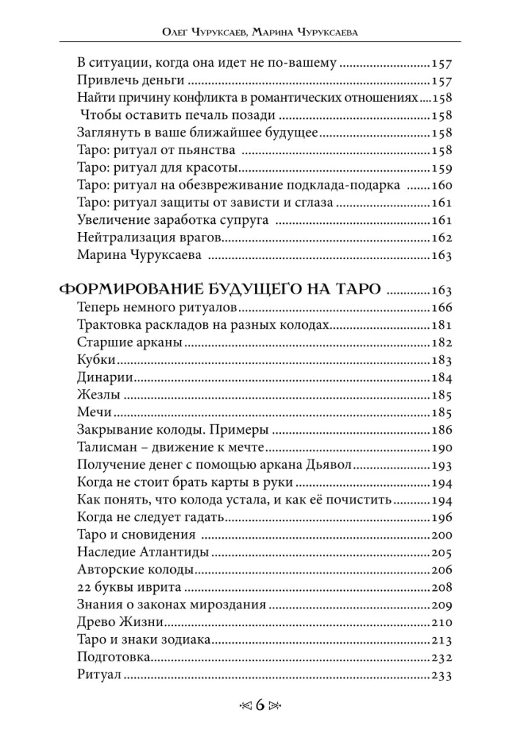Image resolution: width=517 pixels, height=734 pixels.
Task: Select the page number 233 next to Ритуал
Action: point(444,675)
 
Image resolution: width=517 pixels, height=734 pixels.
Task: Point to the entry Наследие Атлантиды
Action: point(142,552)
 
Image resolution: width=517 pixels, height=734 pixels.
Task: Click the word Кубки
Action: point(96,360)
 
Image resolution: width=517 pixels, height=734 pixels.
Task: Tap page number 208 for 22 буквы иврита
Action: point(444,587)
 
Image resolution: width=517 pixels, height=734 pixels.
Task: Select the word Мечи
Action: point(93,413)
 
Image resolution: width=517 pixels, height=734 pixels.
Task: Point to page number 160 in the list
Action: point(444,185)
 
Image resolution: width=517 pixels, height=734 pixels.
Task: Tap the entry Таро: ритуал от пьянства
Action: point(155,150)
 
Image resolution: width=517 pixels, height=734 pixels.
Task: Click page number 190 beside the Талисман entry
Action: point(444,448)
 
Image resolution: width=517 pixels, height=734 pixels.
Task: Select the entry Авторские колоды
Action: point(135,570)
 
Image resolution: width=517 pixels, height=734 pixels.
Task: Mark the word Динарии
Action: point(104,377)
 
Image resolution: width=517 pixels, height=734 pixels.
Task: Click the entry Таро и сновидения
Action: point(136,534)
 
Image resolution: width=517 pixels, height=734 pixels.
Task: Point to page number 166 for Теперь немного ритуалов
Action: point(444,307)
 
